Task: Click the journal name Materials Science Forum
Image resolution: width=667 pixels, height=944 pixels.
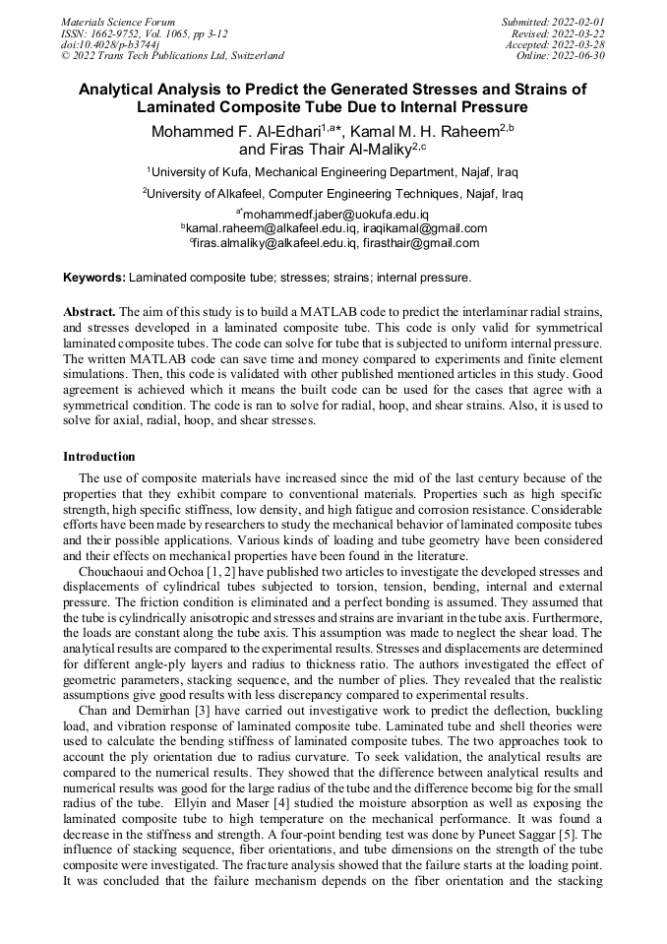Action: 118,22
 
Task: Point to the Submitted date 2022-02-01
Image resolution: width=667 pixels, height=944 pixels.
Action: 580,22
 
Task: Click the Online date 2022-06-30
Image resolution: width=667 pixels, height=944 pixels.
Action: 583,56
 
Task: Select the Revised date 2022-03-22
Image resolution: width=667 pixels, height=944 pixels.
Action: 579,33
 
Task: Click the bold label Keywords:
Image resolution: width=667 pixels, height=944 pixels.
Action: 94,278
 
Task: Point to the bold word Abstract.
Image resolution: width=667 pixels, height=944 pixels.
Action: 90,310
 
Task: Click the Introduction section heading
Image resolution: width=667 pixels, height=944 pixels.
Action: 99,457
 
